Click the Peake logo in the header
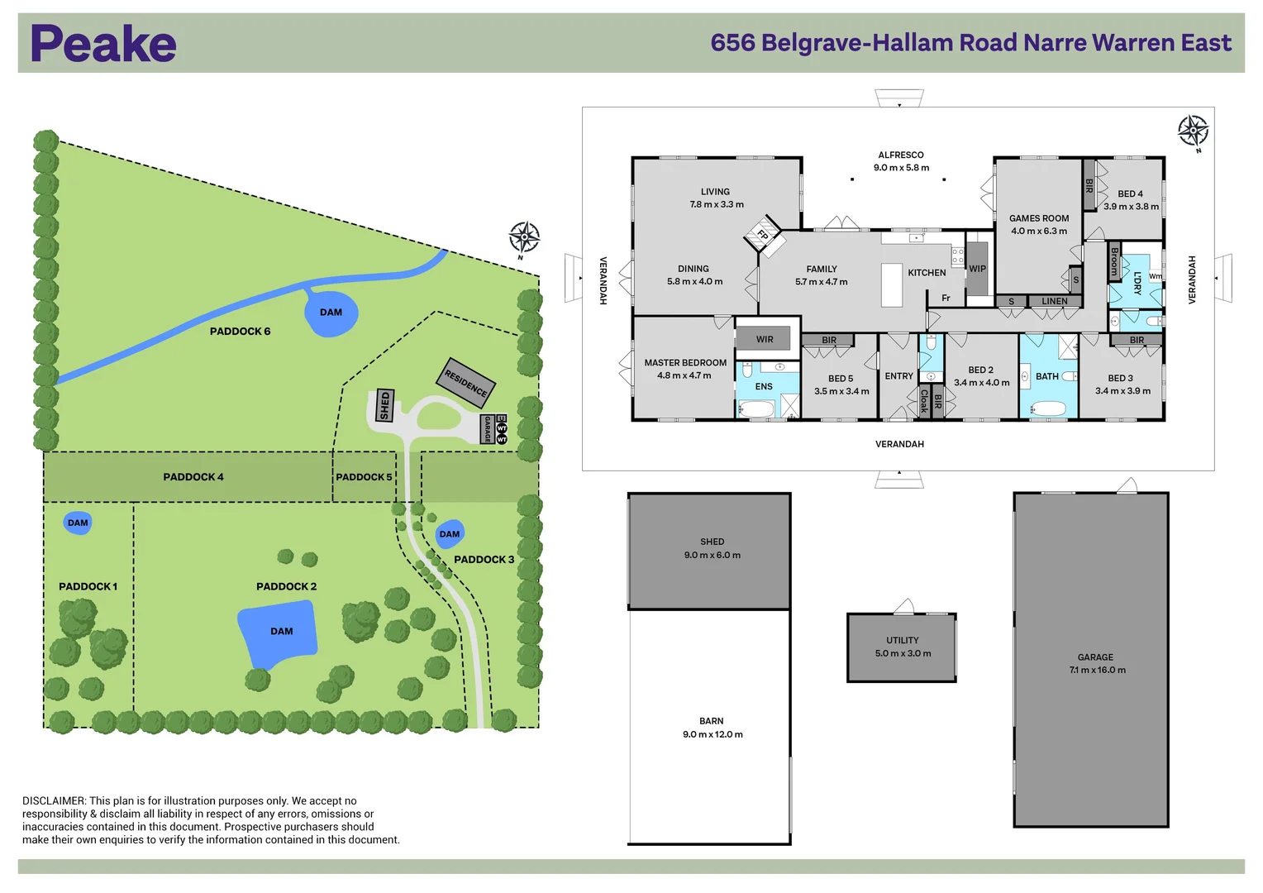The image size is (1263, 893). (x=103, y=44)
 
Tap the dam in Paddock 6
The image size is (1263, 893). (x=331, y=313)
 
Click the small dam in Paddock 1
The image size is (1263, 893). (x=78, y=523)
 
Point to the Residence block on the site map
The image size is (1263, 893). (x=466, y=382)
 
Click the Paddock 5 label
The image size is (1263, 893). (x=364, y=477)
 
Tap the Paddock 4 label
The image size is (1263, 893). (x=193, y=477)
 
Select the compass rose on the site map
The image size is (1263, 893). (x=524, y=238)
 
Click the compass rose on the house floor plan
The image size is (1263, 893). (x=1193, y=131)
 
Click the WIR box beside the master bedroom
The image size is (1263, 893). (x=765, y=339)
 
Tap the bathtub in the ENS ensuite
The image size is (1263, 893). (x=756, y=409)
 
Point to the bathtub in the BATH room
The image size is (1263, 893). (x=1048, y=408)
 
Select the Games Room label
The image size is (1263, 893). (x=1039, y=218)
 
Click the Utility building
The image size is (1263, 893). (x=902, y=647)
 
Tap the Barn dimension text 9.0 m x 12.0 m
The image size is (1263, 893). (x=713, y=734)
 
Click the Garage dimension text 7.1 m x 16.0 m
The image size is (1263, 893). (x=1097, y=670)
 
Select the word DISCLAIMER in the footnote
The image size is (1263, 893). (x=54, y=800)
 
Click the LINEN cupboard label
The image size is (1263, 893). (x=1054, y=302)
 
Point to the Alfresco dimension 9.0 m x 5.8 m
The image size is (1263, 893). (x=901, y=168)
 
